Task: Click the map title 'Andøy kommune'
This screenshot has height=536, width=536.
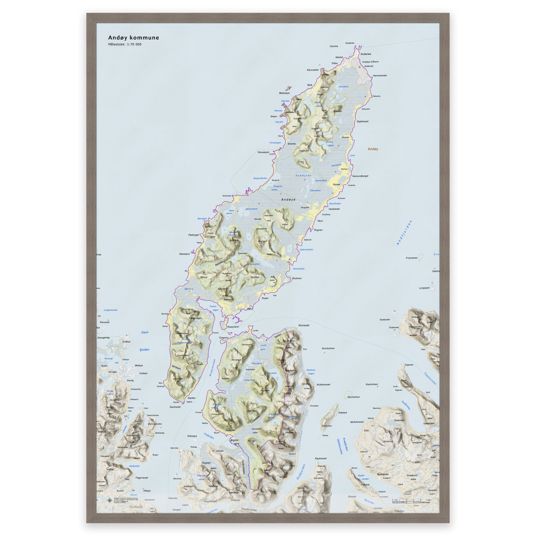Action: [x=133, y=38]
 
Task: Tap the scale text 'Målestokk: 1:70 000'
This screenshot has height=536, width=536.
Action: [x=125, y=44]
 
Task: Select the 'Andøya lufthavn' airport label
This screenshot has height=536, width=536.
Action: [x=370, y=62]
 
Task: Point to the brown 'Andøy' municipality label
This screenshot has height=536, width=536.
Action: [x=373, y=149]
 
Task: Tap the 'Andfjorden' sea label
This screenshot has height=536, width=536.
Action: [x=404, y=232]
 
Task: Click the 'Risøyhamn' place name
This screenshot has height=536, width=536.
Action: [x=233, y=327]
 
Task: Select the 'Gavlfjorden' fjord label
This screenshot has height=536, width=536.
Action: [x=144, y=341]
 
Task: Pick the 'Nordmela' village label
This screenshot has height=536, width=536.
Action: [x=227, y=196]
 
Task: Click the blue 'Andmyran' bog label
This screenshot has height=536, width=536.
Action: [x=303, y=176]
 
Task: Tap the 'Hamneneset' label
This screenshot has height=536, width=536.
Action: [x=379, y=75]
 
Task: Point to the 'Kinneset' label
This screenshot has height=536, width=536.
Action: [x=304, y=325]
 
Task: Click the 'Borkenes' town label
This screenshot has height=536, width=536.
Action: [x=383, y=474]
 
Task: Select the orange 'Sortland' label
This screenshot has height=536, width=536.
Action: [x=136, y=507]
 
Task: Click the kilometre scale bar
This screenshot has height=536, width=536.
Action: [x=406, y=502]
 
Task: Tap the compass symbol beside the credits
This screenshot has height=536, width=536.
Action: [x=110, y=500]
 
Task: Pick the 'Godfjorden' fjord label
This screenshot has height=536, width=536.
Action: [x=301, y=472]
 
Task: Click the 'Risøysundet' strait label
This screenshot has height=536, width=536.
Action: [x=212, y=368]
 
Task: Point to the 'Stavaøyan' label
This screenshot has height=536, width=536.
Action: [x=263, y=152]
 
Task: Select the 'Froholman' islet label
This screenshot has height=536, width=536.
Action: [x=411, y=258]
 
